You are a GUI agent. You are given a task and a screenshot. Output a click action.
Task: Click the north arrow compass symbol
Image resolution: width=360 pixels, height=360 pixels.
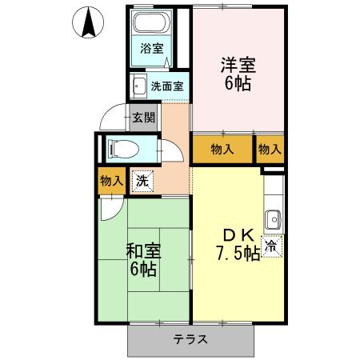click(89, 22)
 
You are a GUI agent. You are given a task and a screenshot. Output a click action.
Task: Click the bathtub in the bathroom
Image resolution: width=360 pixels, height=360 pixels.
click(153, 24)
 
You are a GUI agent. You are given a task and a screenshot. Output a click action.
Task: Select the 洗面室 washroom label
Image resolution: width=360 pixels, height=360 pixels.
click(166, 85)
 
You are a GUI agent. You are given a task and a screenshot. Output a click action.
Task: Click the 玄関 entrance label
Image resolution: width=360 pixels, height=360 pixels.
click(144, 118)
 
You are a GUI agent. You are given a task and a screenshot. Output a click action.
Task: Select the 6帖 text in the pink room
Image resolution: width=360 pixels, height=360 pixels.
click(238, 82)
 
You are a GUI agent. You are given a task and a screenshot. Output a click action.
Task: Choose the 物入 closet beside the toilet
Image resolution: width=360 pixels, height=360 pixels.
click(111, 181)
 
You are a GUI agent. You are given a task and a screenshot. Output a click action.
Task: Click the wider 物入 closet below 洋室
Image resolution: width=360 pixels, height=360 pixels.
click(222, 149)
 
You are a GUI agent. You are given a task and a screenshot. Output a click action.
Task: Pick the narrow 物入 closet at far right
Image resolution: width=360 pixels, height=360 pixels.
click(270, 149)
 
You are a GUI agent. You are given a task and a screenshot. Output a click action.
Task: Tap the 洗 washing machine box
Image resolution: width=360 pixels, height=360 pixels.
click(141, 181)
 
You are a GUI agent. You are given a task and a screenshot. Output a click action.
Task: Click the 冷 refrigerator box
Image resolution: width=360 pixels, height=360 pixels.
click(271, 246)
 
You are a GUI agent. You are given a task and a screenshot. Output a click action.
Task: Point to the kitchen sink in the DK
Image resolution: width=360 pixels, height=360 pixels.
click(274, 217)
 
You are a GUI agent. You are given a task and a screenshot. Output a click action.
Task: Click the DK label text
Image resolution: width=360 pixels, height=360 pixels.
click(238, 235)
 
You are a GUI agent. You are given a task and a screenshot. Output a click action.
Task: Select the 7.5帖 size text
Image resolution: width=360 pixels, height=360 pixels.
click(237, 254)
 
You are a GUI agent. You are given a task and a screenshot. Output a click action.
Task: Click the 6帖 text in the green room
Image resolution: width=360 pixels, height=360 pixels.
click(143, 268)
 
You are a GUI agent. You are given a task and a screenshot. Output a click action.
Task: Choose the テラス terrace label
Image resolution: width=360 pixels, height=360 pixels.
click(191, 338)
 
